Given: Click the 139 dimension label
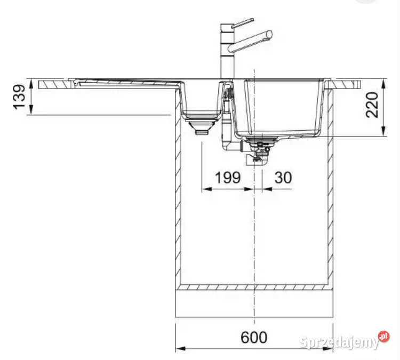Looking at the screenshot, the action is (19, 97).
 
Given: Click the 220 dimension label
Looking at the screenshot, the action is (372, 105).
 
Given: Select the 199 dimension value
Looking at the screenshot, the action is (228, 178).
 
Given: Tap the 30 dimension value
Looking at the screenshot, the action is (283, 178).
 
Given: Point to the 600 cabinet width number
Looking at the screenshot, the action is (254, 337).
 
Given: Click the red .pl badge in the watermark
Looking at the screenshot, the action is (384, 336).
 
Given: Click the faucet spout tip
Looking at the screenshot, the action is (269, 34).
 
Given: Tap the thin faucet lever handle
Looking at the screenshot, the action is (243, 22).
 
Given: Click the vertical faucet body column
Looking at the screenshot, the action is (227, 51).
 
